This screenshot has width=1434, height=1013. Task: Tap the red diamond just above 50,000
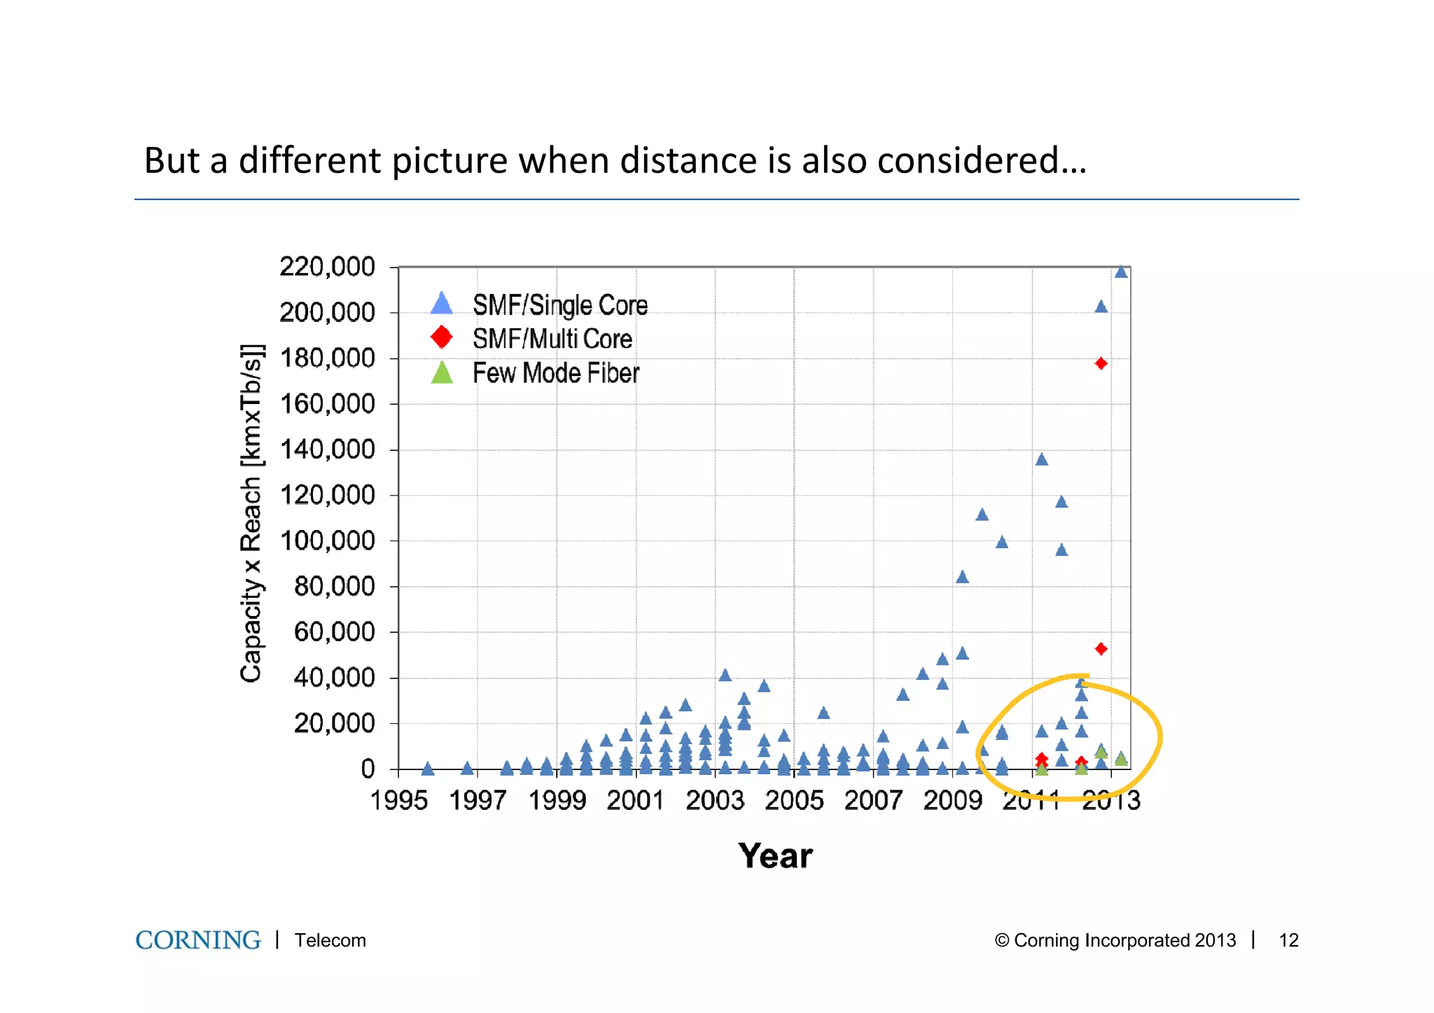[x=1101, y=649]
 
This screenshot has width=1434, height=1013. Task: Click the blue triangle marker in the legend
[x=441, y=304]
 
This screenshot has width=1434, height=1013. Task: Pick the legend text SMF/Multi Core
[x=552, y=339]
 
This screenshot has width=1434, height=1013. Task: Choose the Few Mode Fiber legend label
[x=555, y=373]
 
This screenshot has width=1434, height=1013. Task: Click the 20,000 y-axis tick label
[x=334, y=723]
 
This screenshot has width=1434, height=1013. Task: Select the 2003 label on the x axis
[x=714, y=800]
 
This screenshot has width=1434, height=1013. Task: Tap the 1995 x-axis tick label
[x=398, y=800]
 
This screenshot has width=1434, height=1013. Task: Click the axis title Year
[x=775, y=855]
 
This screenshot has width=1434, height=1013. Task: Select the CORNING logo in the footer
[x=198, y=939]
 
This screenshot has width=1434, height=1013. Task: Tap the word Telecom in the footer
[x=330, y=940]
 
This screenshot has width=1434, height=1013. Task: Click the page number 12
[x=1288, y=940]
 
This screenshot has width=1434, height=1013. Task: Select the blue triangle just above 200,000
[x=1101, y=307]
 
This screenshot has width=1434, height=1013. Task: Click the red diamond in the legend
[x=441, y=337]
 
